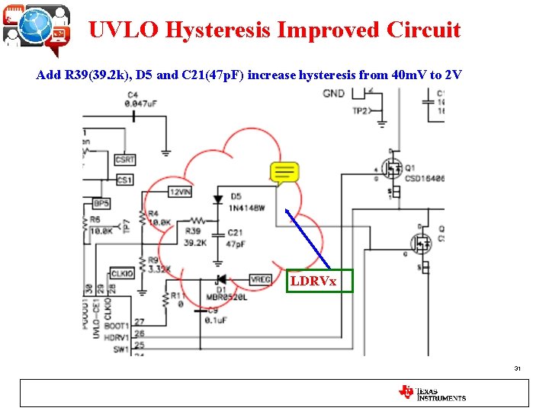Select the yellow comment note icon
click(x=284, y=174)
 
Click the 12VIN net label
click(x=180, y=193)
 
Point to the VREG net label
click(x=260, y=280)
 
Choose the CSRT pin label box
click(x=125, y=160)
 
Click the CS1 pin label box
click(x=124, y=180)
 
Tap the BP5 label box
click(x=101, y=203)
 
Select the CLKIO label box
click(x=122, y=273)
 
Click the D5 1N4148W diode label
click(x=246, y=202)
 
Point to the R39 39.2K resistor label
click(x=195, y=236)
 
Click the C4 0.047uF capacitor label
click(x=142, y=99)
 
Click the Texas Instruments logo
click(x=432, y=393)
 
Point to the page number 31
click(x=517, y=369)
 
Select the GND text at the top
click(x=333, y=94)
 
